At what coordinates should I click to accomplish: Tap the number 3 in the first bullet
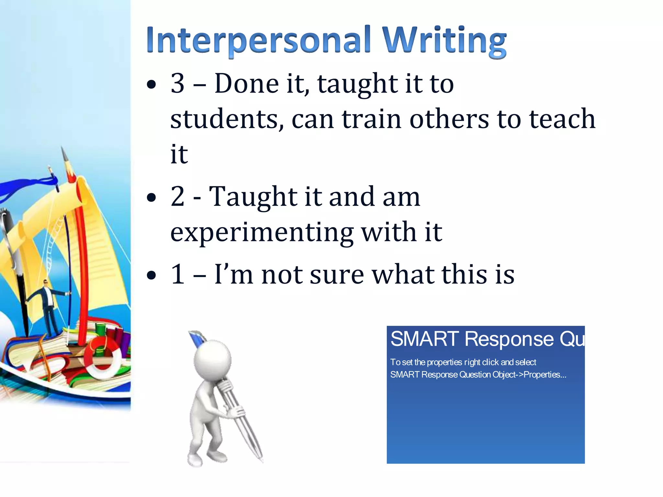click(178, 83)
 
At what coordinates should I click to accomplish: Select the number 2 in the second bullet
click(178, 196)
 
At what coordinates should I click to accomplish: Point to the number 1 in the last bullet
click(178, 274)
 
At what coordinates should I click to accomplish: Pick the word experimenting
click(262, 233)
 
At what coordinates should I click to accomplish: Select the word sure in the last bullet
click(337, 274)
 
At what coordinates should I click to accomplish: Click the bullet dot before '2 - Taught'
click(151, 197)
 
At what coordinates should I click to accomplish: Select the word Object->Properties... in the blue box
click(529, 375)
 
